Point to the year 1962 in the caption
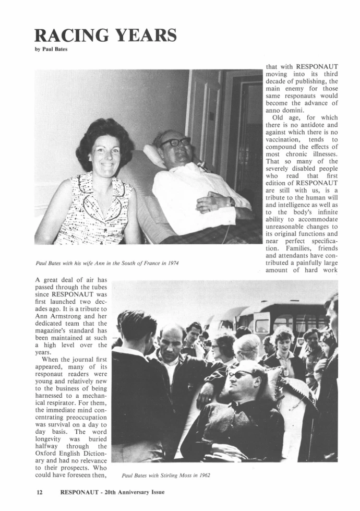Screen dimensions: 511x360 click(x=202, y=476)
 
